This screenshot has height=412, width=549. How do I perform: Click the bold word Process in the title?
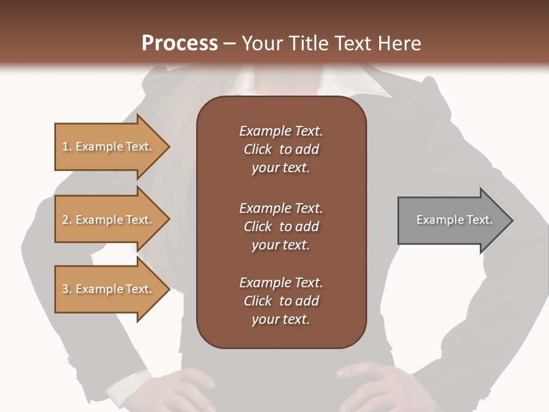pos(180,43)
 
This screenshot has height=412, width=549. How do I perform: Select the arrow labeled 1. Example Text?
pos(109,146)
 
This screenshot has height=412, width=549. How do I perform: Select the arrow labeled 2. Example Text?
pos(109,220)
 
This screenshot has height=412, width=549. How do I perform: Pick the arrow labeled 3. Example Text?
pos(109,289)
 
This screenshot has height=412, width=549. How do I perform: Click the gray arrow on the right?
pos(452,220)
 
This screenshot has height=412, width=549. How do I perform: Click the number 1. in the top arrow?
pos(67,146)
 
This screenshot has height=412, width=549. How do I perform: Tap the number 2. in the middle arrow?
pos(67,220)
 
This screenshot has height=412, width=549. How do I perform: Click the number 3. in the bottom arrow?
pos(67,289)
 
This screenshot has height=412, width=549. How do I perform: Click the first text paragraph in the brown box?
pos(281,149)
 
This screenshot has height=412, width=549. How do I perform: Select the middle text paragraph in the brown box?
pos(281,227)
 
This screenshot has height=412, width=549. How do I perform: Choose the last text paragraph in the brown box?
pos(281,301)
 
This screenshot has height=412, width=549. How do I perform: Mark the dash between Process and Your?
pos(229,43)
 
